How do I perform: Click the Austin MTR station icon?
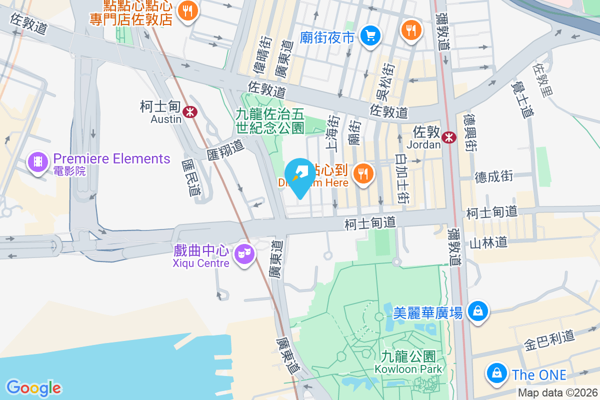point(189,111)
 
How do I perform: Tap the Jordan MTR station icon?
point(449,136)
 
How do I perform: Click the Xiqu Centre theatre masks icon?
point(244,254)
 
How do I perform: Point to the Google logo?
point(33,388)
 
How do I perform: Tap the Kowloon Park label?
point(408,362)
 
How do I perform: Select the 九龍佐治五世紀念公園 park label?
point(270,121)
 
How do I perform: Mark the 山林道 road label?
point(488,242)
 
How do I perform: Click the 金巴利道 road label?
point(549,341)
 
